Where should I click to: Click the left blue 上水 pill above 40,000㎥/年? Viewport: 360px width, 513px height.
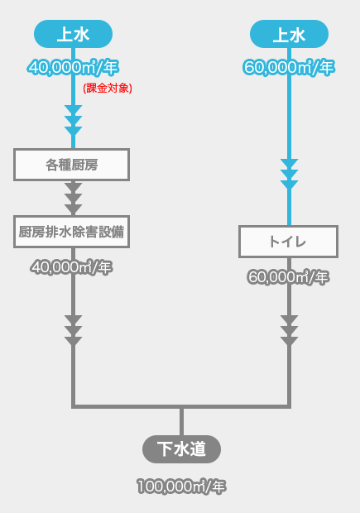pyautogui.click(x=74, y=34)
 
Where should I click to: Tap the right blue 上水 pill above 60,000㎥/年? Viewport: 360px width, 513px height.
pyautogui.click(x=290, y=34)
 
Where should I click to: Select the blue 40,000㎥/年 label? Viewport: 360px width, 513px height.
pyautogui.click(x=74, y=67)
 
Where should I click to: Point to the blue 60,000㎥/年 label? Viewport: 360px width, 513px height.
pyautogui.click(x=289, y=67)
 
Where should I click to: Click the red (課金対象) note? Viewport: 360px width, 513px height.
pyautogui.click(x=108, y=88)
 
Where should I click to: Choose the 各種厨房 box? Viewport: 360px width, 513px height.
pyautogui.click(x=72, y=165)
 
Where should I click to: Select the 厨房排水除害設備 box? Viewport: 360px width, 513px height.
pyautogui.click(x=72, y=232)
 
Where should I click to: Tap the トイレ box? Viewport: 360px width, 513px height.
pyautogui.click(x=288, y=242)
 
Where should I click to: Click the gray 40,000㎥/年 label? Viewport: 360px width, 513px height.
pyautogui.click(x=72, y=267)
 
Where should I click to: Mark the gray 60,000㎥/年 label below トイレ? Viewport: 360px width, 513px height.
pyautogui.click(x=288, y=277)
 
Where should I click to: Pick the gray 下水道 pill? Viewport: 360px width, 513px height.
pyautogui.click(x=181, y=448)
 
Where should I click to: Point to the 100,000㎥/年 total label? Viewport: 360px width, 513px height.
pyautogui.click(x=181, y=487)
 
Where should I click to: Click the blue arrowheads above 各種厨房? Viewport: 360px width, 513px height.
pyautogui.click(x=74, y=121)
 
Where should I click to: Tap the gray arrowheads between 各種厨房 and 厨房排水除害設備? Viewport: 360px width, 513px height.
pyautogui.click(x=74, y=198)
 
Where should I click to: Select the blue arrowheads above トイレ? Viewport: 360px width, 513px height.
pyautogui.click(x=290, y=174)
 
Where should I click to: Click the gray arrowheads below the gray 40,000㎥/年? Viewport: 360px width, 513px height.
pyautogui.click(x=74, y=330)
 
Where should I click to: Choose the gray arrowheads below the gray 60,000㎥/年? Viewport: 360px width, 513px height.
pyautogui.click(x=290, y=330)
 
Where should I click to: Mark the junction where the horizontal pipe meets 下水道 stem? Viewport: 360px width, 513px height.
pyautogui.click(x=181, y=406)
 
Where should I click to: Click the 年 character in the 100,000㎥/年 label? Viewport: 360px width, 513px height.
pyautogui.click(x=218, y=487)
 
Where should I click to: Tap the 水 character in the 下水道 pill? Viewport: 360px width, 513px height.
pyautogui.click(x=181, y=448)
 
